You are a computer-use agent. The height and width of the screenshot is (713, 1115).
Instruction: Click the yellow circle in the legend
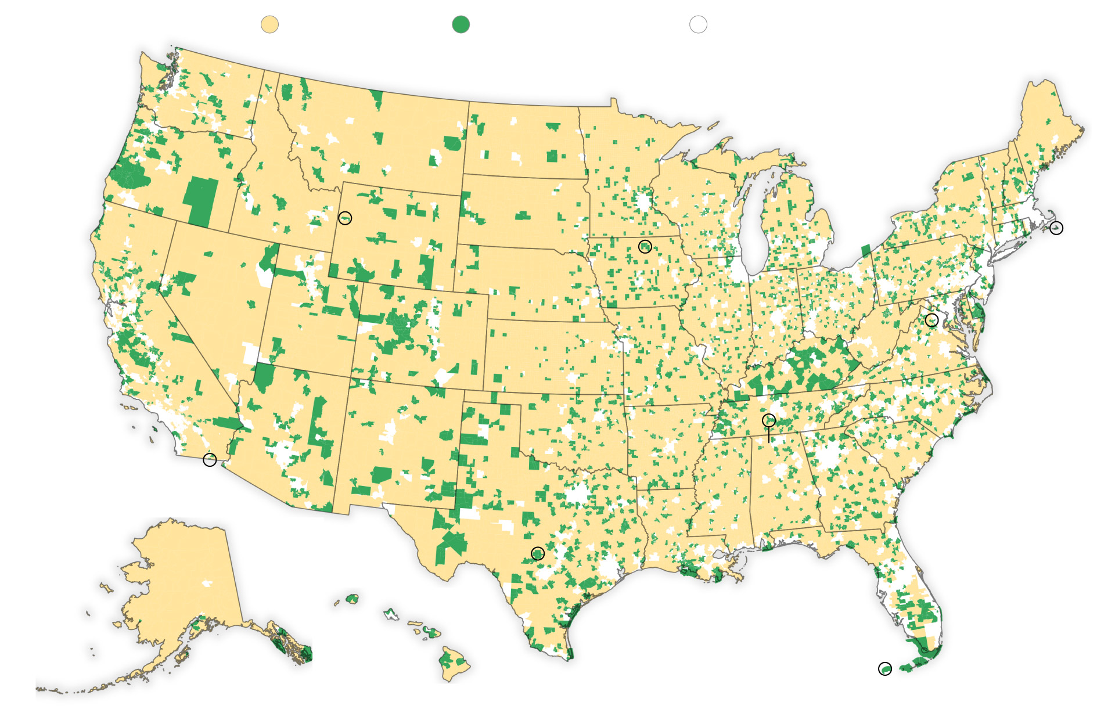(269, 24)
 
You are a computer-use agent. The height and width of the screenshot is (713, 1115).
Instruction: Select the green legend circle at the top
(461, 24)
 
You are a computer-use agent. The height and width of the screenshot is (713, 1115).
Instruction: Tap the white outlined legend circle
(698, 24)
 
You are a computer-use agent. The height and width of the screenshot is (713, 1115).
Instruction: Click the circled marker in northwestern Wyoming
(345, 218)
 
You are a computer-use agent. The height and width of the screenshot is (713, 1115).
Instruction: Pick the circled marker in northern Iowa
(645, 246)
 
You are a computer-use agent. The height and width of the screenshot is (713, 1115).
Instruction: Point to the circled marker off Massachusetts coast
(1056, 228)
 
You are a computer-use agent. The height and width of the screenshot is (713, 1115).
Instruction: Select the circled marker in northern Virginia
(931, 319)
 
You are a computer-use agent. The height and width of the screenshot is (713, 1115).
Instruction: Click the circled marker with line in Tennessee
(768, 420)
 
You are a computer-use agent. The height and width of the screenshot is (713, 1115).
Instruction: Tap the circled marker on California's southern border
(210, 460)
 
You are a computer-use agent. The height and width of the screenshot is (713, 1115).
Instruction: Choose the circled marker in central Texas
(538, 553)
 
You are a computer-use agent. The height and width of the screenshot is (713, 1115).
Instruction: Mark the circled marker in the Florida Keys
(884, 669)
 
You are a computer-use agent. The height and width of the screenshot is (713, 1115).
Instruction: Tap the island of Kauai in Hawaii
(352, 598)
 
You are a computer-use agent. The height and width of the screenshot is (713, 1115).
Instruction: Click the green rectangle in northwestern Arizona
(264, 377)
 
